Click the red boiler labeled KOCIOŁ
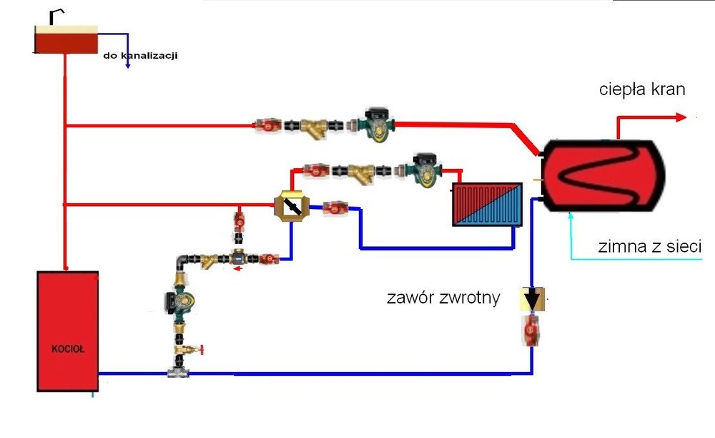(67, 331)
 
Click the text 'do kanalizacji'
(140, 54)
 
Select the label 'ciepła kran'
(642, 90)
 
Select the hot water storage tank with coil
(603, 174)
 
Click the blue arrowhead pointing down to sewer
(127, 65)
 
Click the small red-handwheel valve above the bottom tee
(189, 350)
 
